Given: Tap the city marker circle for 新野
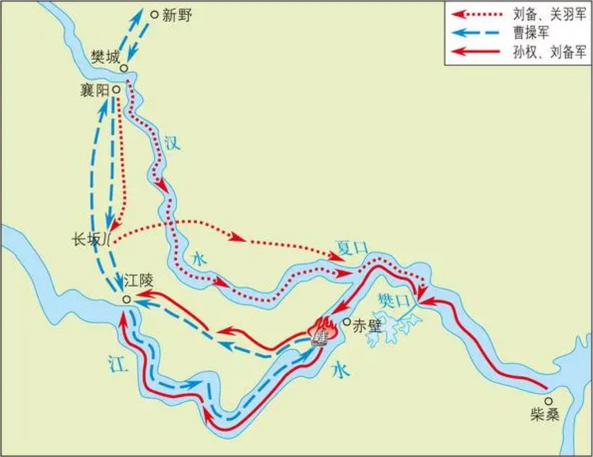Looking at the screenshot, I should [153, 14].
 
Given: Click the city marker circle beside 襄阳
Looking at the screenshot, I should [116, 90].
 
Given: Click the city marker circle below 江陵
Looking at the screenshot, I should [127, 300].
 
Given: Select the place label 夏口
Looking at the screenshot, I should [353, 247].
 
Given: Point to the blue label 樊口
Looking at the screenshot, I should [393, 300].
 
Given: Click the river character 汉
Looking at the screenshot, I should [172, 142].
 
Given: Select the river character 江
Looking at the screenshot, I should [119, 361].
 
